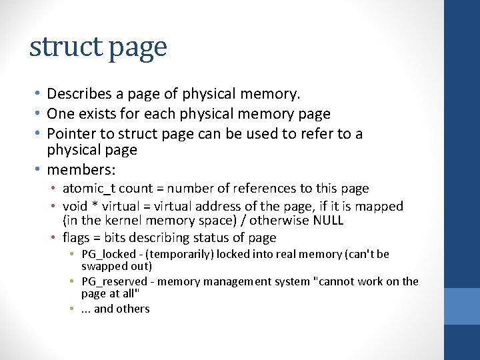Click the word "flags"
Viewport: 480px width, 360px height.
point(75,238)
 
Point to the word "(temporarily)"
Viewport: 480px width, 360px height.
point(177,254)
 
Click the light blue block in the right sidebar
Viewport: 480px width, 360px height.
point(462,306)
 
